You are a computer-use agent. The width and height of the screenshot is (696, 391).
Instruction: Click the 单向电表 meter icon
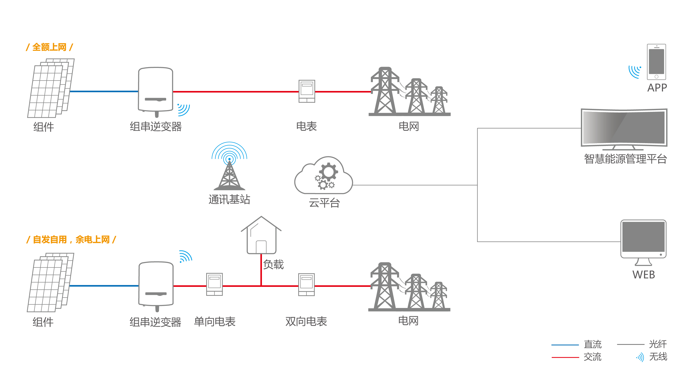[214, 284]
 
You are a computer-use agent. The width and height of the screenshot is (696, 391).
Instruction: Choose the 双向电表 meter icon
[306, 284]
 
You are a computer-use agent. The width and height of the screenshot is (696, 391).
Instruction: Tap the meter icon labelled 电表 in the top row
[307, 91]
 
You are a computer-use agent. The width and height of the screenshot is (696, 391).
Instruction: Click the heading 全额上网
[49, 47]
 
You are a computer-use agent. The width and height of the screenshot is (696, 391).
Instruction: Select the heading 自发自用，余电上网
[71, 240]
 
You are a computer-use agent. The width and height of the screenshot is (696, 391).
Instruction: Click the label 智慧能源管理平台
[625, 159]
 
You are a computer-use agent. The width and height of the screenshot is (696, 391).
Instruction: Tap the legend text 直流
[593, 344]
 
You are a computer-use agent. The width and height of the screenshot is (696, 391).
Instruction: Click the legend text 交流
[593, 357]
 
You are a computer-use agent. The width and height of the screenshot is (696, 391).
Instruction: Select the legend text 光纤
[658, 344]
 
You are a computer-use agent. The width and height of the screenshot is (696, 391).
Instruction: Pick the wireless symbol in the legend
[640, 357]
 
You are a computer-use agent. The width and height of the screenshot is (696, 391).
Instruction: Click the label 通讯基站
[229, 200]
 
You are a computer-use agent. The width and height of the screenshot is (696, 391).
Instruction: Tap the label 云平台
[324, 203]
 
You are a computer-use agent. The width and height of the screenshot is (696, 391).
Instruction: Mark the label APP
[657, 88]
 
